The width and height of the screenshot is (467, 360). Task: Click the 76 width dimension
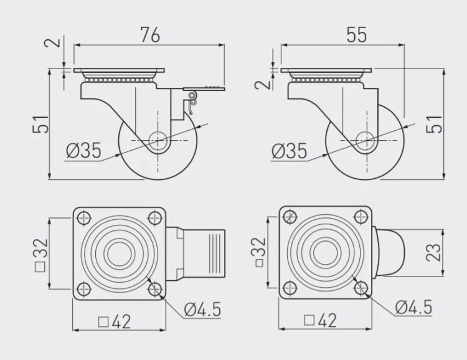point(151,35)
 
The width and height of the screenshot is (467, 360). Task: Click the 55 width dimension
point(357,35)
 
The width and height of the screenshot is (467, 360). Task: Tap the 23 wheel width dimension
point(433,252)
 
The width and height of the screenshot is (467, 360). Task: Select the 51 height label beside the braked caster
point(40,124)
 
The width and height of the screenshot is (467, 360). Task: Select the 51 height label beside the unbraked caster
point(435,124)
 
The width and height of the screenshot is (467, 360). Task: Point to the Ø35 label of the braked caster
point(83,150)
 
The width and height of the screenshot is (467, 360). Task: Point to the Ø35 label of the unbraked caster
point(289,151)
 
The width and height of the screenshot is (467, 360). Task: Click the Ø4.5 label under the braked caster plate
point(202,310)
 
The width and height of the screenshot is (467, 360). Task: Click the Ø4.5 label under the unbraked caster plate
point(413,307)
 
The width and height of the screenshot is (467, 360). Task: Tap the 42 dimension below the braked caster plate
point(115,322)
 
